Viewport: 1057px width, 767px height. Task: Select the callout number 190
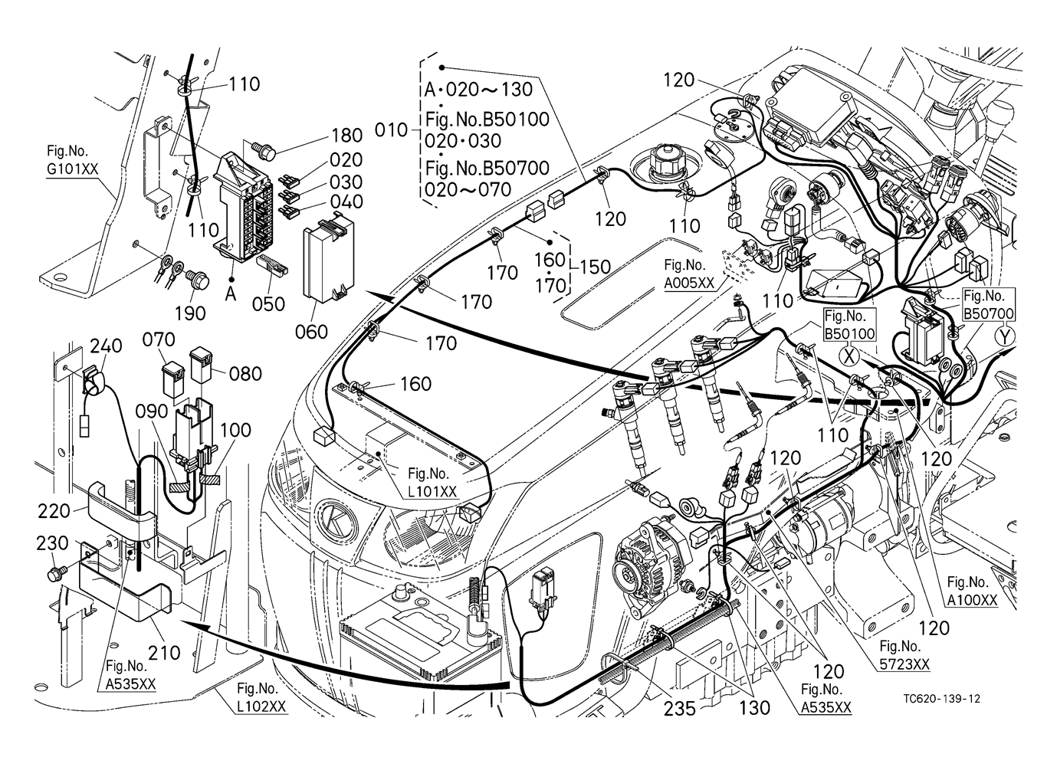(190, 313)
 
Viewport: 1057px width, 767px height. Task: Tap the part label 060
(311, 332)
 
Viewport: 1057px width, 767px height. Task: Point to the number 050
(268, 303)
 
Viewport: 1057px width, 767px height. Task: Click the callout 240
(105, 346)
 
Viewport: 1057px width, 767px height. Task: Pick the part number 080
(245, 374)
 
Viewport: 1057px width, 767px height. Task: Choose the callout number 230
(52, 543)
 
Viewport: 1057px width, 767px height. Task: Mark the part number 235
(678, 709)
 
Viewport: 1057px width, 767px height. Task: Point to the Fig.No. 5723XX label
(904, 655)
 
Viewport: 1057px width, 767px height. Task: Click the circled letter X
(848, 356)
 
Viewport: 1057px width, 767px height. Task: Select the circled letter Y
(1004, 336)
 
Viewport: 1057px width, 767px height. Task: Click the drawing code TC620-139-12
(942, 699)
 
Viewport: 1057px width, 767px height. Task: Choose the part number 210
(164, 653)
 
